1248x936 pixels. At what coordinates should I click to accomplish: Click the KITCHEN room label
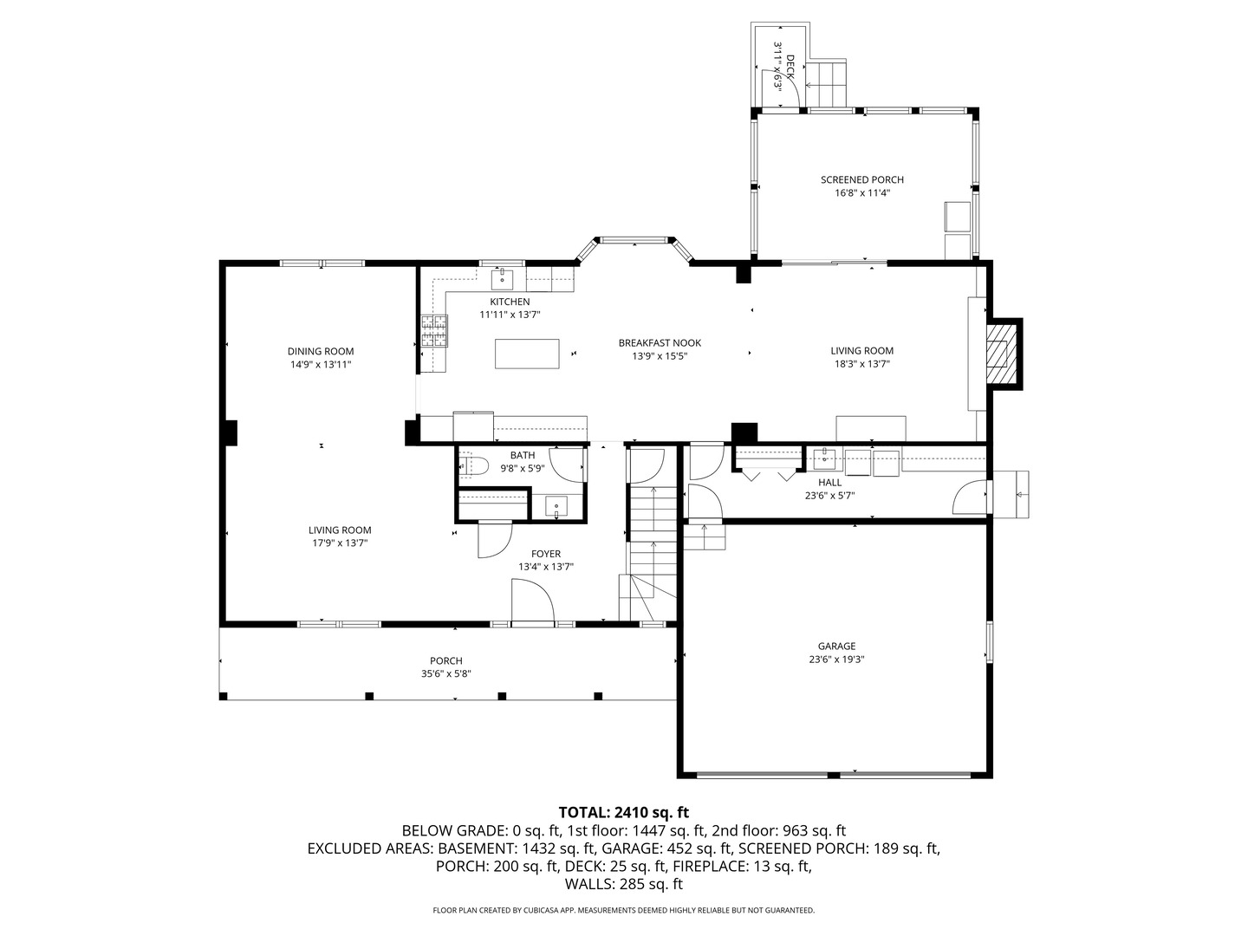coord(510,302)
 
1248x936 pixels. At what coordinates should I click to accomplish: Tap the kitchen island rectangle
coord(527,354)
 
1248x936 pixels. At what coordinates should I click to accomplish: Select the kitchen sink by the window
coord(502,279)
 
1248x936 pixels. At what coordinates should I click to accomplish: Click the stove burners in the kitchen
coord(435,330)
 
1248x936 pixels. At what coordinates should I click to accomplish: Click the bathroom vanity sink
coord(556,506)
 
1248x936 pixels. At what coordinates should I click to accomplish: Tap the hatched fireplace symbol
coord(1001,354)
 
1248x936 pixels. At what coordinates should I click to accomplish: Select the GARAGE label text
coord(836,646)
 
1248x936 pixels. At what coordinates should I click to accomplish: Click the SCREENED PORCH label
coord(861,179)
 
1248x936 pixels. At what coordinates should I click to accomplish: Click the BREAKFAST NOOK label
coord(660,342)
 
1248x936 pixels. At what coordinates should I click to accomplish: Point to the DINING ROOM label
coord(321,351)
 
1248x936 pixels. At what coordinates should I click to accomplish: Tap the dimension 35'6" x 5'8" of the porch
coord(445,673)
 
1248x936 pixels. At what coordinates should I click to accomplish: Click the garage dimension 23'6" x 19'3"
coord(836,659)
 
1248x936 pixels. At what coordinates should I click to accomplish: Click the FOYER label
coord(546,554)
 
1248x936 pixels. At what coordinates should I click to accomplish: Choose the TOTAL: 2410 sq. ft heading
coord(623,812)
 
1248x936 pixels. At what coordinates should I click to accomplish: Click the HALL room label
coord(829,483)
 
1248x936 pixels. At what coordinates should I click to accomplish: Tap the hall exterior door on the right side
coord(971,499)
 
